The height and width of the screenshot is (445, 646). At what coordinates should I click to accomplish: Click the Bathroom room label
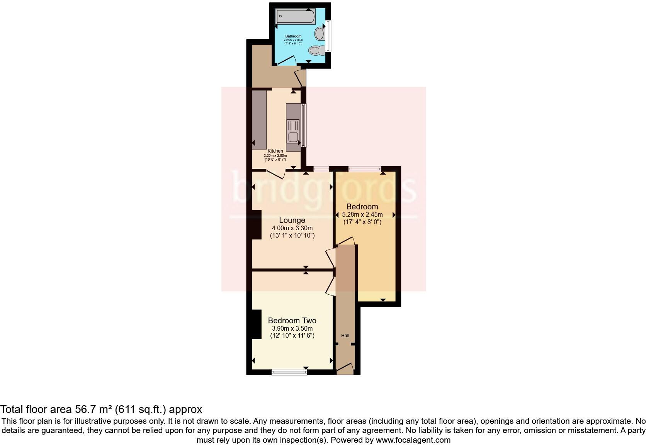pos(293,36)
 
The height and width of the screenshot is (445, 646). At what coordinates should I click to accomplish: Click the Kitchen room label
pos(275,151)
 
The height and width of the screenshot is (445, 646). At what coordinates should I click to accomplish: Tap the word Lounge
pos(292,221)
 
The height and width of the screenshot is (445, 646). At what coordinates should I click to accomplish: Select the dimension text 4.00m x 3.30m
pos(292,228)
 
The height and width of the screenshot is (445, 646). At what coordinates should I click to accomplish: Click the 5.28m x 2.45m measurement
pos(362,215)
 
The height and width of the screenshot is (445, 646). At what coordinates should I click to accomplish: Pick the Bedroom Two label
pos(292,321)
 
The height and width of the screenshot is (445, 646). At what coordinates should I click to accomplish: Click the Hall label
pos(345,336)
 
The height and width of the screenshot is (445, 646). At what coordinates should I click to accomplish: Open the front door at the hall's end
pos(345,369)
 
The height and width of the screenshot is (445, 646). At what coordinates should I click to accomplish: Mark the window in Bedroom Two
pos(289,372)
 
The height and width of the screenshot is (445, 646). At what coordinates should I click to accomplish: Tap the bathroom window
pos(328,36)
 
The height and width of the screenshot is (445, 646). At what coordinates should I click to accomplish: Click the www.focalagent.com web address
pos(413,440)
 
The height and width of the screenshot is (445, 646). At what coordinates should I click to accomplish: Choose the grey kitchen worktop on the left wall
pos(259,120)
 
